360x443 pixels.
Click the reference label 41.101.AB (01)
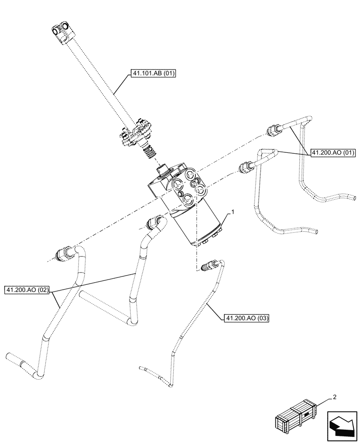click(x=153, y=74)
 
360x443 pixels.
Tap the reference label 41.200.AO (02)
click(x=28, y=291)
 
